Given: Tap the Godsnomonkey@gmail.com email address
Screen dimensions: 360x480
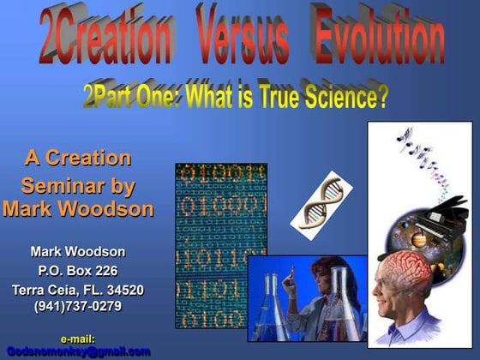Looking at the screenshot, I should point(78,351).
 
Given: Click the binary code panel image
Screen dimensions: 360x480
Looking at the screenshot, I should point(221,245).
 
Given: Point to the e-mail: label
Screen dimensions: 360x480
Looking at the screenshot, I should point(77,339).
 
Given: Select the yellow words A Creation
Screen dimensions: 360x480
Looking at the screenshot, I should point(77,159).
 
